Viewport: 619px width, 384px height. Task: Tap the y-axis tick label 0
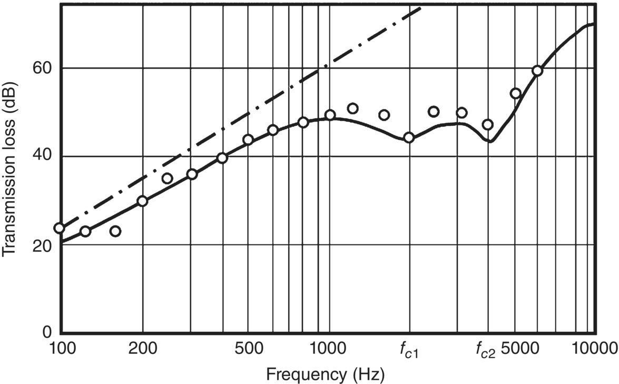(x=47, y=333)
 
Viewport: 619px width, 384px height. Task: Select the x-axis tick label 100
(x=61, y=348)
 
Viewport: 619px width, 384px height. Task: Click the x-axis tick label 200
(x=143, y=348)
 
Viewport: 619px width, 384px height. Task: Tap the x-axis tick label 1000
(x=329, y=348)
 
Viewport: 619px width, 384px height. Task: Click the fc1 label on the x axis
(x=409, y=349)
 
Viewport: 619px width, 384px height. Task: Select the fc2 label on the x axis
(x=486, y=349)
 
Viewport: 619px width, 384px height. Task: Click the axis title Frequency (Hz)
(x=325, y=375)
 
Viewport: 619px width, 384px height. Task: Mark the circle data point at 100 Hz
(x=59, y=228)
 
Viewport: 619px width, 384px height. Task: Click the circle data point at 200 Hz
(x=142, y=201)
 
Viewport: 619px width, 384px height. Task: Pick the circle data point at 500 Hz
(x=248, y=140)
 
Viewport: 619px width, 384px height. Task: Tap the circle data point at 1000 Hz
(x=330, y=115)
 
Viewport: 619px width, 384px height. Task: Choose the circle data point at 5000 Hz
(x=515, y=94)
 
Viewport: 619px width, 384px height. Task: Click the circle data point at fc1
(x=409, y=137)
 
